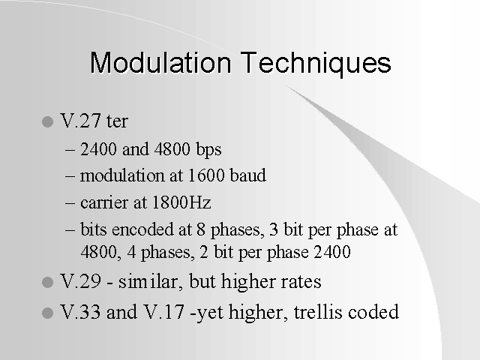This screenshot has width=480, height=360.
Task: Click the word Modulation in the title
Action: pos(160,63)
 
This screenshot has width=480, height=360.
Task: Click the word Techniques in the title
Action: pos(316,64)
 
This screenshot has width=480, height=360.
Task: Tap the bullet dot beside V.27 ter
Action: pos(47,121)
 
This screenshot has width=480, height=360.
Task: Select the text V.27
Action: pos(80,121)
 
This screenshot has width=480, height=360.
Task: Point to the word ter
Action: pos(117,121)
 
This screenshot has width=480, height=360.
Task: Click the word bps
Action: pos(209,150)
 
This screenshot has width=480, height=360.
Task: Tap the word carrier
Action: pos(104,203)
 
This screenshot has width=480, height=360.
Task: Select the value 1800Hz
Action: pos(181,202)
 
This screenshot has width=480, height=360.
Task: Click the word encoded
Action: pos(143,229)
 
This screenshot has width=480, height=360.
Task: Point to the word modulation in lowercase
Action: pos(122,175)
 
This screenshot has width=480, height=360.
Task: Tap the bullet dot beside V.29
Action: pos(47,282)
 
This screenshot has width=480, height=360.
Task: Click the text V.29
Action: pos(80,281)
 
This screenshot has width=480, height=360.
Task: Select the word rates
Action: pos(301,282)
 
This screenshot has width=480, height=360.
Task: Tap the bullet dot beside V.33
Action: pos(47,313)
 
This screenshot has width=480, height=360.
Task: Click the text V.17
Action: pos(164,312)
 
